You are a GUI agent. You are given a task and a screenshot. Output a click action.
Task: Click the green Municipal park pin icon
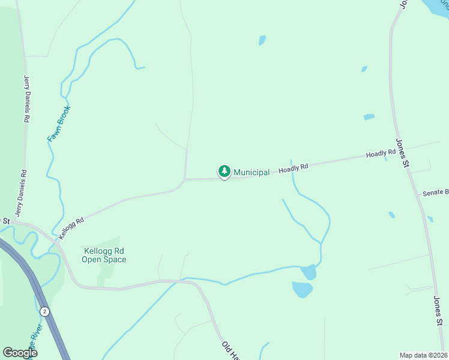point(224,172)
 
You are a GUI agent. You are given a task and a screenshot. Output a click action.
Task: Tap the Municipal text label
point(252,172)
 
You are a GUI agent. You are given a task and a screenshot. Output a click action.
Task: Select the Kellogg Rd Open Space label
point(104,255)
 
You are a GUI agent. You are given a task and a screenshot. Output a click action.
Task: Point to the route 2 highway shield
point(44,311)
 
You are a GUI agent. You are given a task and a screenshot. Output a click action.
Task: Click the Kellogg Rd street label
point(71,229)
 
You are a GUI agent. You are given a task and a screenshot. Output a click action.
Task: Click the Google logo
point(20,353)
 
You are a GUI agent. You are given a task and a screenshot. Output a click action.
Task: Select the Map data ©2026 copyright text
point(423,355)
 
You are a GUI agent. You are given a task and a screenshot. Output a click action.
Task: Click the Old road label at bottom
point(231,350)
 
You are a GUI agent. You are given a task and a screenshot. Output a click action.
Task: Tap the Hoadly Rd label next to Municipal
point(293,169)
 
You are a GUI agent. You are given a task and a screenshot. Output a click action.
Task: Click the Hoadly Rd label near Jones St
point(381,154)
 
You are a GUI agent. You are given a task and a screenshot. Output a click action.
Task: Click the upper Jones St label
point(402,153)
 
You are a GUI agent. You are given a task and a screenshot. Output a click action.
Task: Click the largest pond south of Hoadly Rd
point(302,290)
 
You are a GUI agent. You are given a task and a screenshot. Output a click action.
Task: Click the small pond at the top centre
point(262,40)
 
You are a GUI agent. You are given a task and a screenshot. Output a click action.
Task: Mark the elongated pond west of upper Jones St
point(369,116)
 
